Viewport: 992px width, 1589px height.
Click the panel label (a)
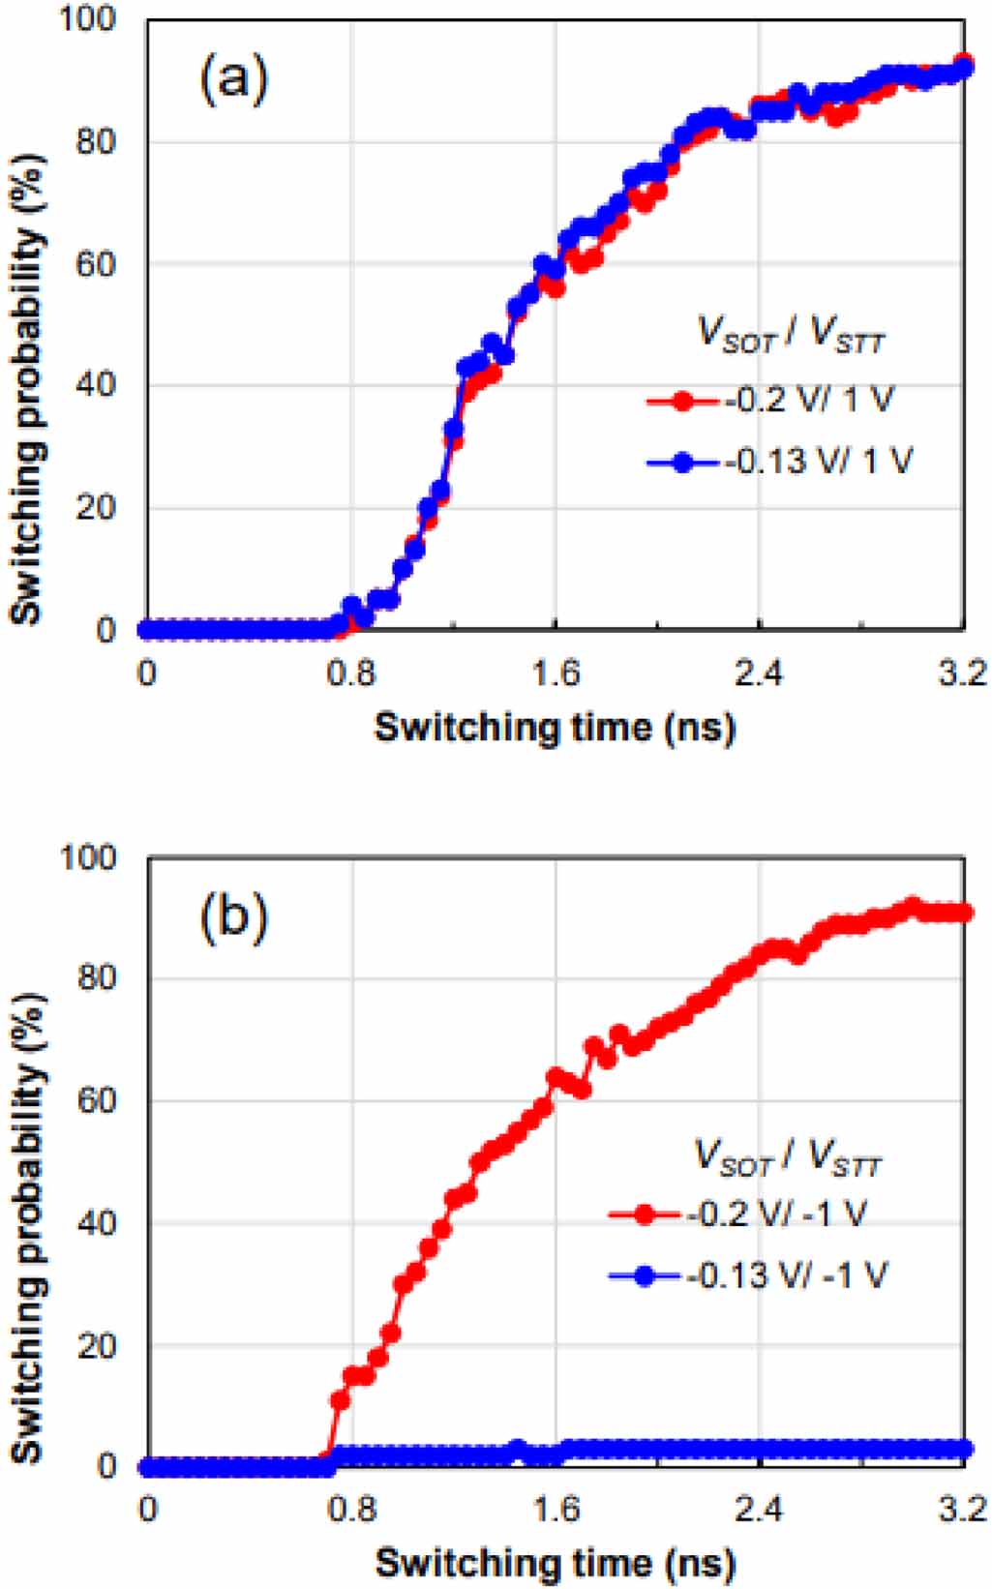(233, 78)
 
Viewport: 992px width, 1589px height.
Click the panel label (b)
(233, 916)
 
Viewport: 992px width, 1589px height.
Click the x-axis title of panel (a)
(555, 725)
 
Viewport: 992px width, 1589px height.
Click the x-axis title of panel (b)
(555, 1563)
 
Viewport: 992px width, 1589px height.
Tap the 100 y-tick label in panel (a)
(88, 19)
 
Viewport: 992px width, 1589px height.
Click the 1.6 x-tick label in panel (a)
(555, 672)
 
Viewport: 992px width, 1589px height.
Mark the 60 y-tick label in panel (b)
(97, 1101)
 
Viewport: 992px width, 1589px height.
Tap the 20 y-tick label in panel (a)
(97, 507)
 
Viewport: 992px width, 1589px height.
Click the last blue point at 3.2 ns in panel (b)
(964, 1449)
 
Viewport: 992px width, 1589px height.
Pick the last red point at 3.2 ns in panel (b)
(964, 913)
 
